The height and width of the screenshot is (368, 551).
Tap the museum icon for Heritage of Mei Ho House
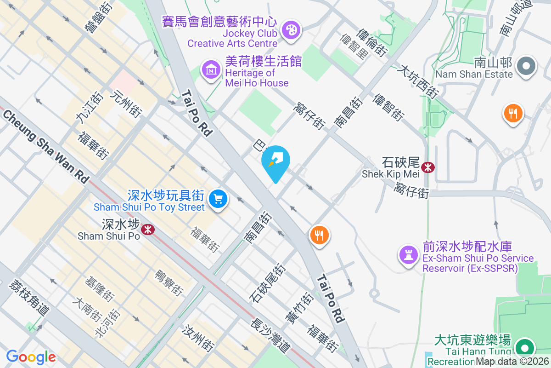(211, 70)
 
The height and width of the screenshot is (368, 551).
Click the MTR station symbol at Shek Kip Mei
(428, 167)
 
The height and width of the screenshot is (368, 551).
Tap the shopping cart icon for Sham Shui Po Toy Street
(218, 199)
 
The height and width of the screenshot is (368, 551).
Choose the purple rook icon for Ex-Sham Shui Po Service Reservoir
(408, 253)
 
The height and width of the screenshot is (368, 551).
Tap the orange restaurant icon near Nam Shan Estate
(513, 113)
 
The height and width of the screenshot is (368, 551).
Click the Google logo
(31, 357)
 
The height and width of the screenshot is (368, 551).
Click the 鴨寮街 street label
(169, 280)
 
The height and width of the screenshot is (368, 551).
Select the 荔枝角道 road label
(28, 297)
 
